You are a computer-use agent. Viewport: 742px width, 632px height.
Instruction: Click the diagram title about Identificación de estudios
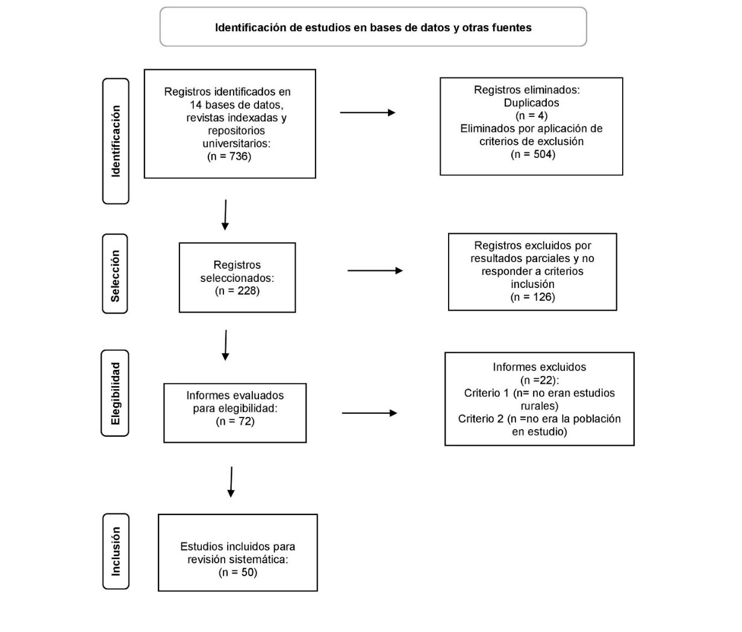click(x=373, y=28)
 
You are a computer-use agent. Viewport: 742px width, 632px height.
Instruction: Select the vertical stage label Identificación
click(x=116, y=141)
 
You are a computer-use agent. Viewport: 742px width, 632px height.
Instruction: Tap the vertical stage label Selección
click(x=115, y=276)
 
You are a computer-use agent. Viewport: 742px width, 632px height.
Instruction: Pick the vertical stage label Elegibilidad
click(x=115, y=393)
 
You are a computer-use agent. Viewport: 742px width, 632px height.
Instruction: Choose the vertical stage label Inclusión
click(x=116, y=551)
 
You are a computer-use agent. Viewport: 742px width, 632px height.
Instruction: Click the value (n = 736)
click(x=229, y=157)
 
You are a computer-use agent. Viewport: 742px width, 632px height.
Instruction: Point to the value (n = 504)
click(x=533, y=154)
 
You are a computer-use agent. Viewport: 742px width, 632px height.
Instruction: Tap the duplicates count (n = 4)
click(x=532, y=116)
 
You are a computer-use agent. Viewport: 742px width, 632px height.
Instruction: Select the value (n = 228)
click(x=237, y=291)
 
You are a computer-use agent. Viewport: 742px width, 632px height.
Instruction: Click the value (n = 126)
click(x=532, y=298)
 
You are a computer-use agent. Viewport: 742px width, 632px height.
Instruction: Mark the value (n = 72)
click(x=235, y=421)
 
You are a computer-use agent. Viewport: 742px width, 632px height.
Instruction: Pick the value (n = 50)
click(x=238, y=572)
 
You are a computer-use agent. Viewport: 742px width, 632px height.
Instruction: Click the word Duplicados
click(x=531, y=103)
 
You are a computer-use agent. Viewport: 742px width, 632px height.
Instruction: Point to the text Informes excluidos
click(x=539, y=367)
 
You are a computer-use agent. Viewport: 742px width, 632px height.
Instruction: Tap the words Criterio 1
click(x=487, y=393)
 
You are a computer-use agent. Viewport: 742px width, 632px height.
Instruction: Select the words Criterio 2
click(x=481, y=419)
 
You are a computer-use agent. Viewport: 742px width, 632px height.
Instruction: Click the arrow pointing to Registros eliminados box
click(x=367, y=113)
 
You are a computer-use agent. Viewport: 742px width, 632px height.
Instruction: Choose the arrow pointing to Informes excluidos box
click(x=369, y=413)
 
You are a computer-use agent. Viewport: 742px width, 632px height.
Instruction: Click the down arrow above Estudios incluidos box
click(x=231, y=482)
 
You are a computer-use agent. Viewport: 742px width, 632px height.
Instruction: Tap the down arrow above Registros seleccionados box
click(x=225, y=214)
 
